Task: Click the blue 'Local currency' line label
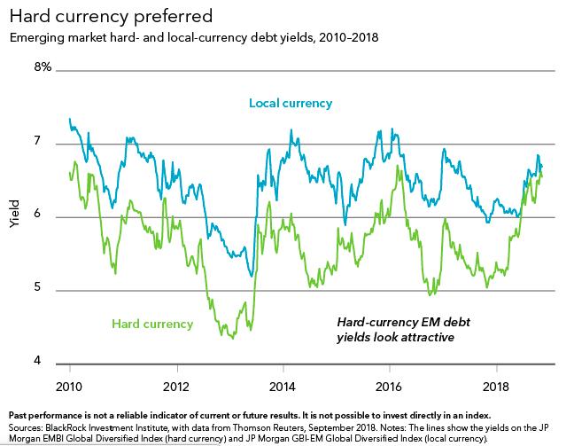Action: [x=291, y=104]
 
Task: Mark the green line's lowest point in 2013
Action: [x=233, y=338]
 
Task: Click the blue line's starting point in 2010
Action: [x=69, y=119]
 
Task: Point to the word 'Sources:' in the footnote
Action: [x=26, y=426]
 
